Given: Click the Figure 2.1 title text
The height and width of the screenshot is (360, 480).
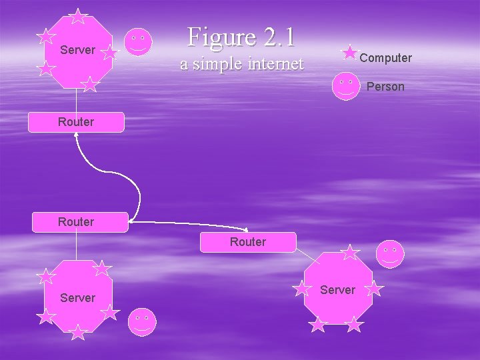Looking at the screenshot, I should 241,37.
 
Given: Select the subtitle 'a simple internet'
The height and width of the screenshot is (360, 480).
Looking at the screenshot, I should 241,64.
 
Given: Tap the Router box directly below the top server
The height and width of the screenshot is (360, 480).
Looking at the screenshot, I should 76,122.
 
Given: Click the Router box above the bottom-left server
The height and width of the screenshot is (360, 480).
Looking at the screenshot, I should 76,222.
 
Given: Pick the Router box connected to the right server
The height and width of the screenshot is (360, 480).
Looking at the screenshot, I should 248,242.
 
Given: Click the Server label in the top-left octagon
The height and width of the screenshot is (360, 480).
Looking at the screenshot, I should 77,50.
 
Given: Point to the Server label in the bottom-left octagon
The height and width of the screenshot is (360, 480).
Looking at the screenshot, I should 77,298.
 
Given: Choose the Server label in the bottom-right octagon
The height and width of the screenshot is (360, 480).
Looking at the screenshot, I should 337,290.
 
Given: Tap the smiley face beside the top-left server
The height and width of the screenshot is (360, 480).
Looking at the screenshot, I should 138,42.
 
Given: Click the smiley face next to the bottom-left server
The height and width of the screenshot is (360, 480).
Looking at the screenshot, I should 142,322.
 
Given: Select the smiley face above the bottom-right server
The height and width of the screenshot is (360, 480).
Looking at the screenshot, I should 390,254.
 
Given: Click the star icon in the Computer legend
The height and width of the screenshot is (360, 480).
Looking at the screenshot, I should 349,53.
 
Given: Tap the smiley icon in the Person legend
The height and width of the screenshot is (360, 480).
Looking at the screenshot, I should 346,86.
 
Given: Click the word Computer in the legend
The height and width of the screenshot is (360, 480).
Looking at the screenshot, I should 385,58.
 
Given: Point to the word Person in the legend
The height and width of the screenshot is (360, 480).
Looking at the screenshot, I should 385,87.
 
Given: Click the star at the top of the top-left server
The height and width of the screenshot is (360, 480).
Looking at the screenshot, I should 79,17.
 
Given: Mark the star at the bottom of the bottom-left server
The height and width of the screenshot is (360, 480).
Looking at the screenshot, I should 78,331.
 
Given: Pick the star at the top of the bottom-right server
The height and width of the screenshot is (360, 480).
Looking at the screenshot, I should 350,252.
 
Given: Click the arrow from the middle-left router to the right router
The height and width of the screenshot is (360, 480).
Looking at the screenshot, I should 190,225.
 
